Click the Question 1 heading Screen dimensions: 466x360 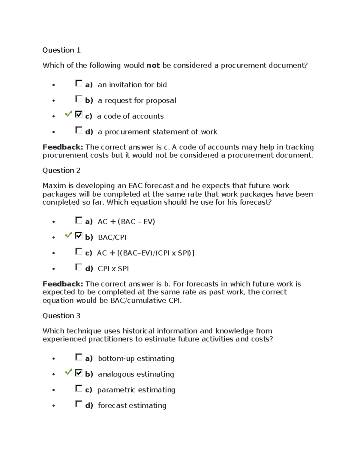(61, 50)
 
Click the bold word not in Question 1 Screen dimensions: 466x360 (153, 65)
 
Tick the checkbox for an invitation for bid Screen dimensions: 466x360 (79, 83)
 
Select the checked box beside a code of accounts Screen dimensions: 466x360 (79, 114)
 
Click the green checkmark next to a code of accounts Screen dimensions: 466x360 (68, 114)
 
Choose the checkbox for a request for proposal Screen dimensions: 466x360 (79, 99)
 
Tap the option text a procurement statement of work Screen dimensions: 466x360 (157, 132)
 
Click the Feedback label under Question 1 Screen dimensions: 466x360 (63, 147)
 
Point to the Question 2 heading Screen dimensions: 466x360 (61, 170)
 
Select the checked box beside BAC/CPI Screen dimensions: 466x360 (79, 236)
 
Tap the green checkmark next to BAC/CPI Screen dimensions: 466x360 (68, 235)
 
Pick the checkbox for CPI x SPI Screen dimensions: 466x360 (79, 267)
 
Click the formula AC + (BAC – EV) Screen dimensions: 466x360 (126, 222)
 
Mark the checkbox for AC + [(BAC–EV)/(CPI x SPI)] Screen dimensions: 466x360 (79, 251)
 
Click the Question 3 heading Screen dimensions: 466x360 (61, 316)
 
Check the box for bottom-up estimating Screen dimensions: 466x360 (79, 357)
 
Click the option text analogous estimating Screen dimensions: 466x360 (136, 374)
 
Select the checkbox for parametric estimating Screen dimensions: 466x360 (79, 388)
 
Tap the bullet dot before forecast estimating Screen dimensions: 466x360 (54, 406)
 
